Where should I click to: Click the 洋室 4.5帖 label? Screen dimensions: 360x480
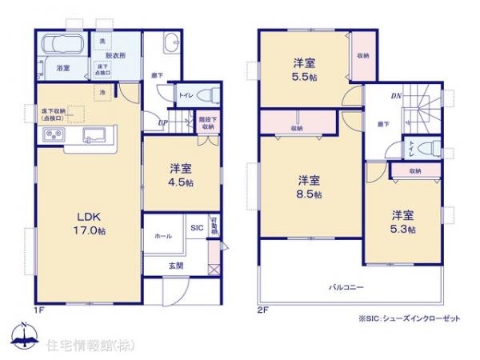(178, 175)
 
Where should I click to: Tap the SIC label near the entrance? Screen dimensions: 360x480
(197, 228)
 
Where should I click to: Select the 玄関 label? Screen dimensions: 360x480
(177, 266)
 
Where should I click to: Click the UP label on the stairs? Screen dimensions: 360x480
(162, 123)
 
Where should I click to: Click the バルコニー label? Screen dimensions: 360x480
(346, 286)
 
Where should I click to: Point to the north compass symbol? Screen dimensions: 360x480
(24, 336)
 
